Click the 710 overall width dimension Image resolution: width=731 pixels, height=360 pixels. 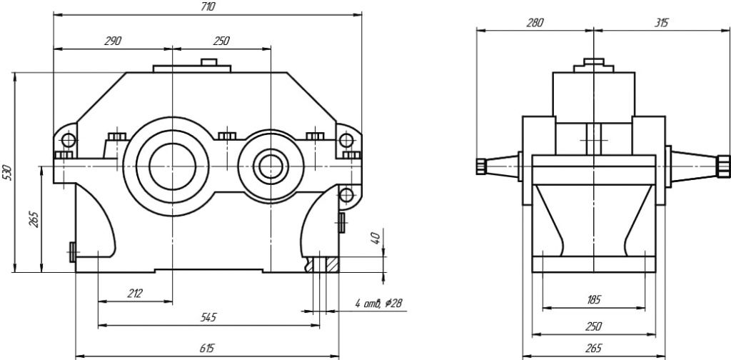tap(208, 6)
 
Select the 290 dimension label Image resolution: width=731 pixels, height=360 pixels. tap(112, 41)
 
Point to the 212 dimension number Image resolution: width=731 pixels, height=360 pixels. tap(135, 293)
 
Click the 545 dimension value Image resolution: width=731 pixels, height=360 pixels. tap(208, 316)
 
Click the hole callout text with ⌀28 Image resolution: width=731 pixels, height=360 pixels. tap(378, 304)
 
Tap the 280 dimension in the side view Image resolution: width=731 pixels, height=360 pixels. tap(535, 23)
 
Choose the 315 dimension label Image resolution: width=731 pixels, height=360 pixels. tap(661, 23)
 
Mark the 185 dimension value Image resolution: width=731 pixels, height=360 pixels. tap(593, 300)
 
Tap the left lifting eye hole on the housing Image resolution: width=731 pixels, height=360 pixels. tap(67, 138)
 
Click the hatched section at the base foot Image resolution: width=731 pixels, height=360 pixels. tap(331, 264)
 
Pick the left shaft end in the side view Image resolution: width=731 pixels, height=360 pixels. tap(481, 166)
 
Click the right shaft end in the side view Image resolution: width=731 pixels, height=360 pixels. tap(725, 166)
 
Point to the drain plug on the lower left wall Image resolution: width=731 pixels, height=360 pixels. tap(73, 251)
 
